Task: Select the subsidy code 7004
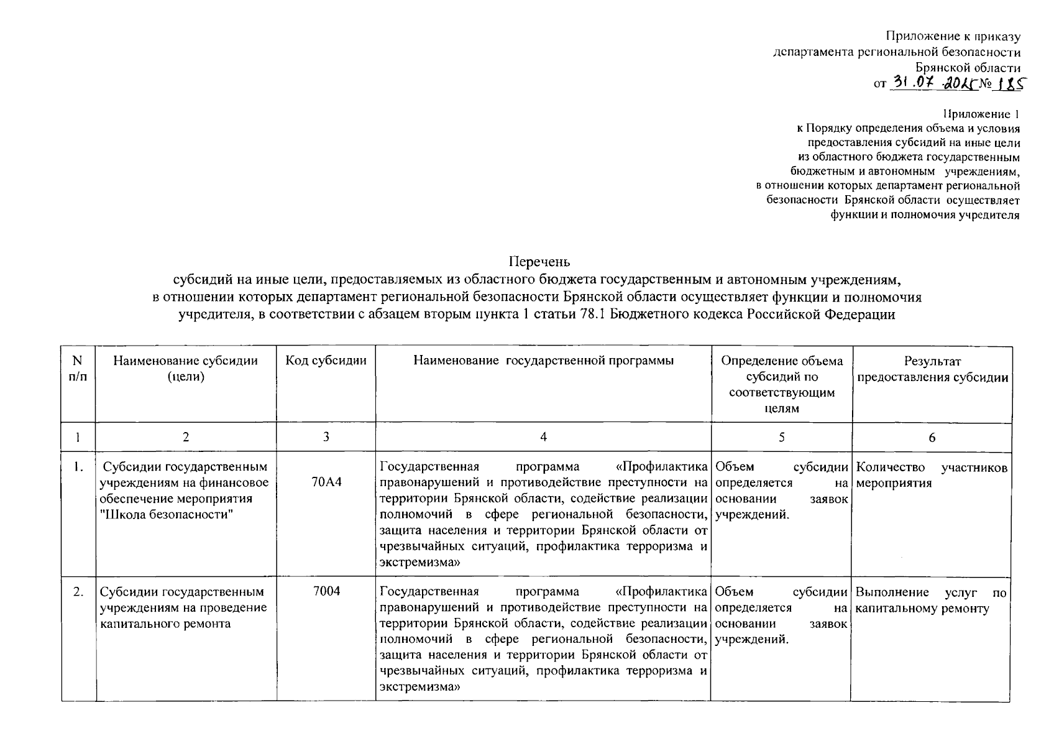click(326, 591)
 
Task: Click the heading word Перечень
click(539, 262)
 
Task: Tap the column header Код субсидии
click(326, 361)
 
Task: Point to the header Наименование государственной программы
click(543, 361)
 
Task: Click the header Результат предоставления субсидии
click(932, 369)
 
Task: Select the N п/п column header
click(78, 369)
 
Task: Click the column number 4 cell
click(543, 437)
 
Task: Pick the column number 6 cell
click(932, 438)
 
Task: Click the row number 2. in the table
click(78, 592)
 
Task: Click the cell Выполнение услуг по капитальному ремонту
click(931, 600)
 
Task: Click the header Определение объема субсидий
click(781, 384)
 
